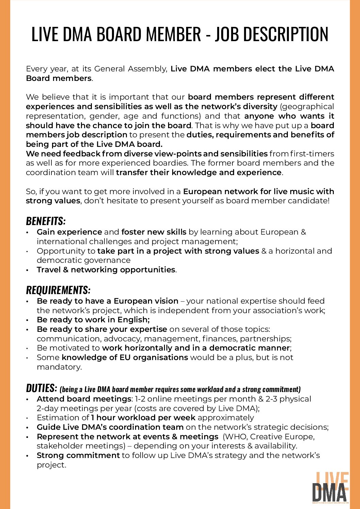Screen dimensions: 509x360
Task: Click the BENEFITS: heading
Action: (x=46, y=221)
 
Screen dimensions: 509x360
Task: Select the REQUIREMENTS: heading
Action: (x=58, y=290)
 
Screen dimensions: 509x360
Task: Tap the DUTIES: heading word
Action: (x=41, y=388)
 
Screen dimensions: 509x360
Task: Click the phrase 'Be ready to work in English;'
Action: (x=93, y=320)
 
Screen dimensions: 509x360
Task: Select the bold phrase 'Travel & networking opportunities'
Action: (x=106, y=270)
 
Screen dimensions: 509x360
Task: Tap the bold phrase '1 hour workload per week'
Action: (x=143, y=418)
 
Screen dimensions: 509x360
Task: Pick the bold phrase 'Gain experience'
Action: (x=69, y=232)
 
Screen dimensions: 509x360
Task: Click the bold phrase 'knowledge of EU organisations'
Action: (x=125, y=358)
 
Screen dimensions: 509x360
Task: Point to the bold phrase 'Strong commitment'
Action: (x=78, y=456)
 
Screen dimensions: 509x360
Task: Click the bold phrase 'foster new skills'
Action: (x=154, y=232)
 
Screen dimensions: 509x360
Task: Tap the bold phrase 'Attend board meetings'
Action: (x=84, y=399)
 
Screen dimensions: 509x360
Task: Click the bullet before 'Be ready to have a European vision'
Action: (x=27, y=302)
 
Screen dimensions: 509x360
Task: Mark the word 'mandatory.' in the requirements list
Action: (x=59, y=367)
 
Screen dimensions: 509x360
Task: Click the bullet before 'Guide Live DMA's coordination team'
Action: (x=27, y=427)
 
